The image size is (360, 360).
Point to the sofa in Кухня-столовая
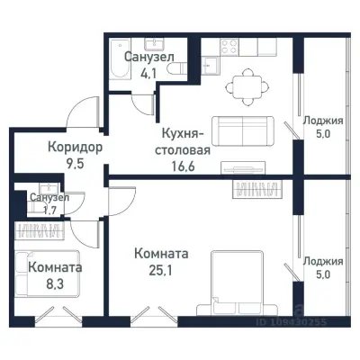tap(242, 130)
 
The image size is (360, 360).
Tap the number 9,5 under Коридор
tap(75, 164)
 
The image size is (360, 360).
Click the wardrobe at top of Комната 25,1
tap(256, 189)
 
